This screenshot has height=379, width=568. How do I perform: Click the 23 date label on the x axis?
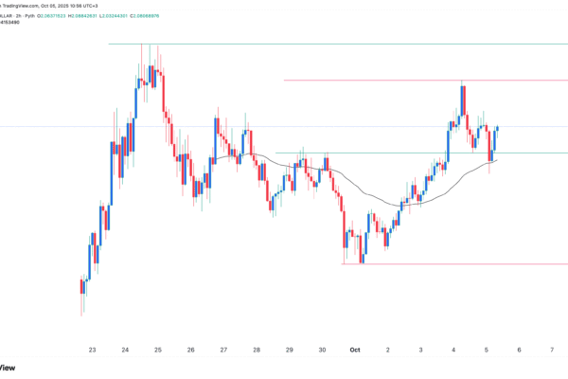[x=92, y=350]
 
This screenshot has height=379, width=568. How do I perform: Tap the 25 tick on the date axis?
[x=157, y=350]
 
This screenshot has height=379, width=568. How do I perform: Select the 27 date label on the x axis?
[x=223, y=350]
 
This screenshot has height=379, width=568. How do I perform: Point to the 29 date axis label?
[x=290, y=350]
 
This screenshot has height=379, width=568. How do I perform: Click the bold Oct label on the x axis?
[x=355, y=350]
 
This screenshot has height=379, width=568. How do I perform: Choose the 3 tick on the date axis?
[x=421, y=350]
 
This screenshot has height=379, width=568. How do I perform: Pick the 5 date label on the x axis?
[x=487, y=350]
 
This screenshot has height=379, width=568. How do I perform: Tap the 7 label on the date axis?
[x=553, y=350]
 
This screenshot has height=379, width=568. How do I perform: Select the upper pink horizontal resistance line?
[x=379, y=81]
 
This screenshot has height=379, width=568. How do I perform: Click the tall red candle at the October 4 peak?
[x=464, y=100]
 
